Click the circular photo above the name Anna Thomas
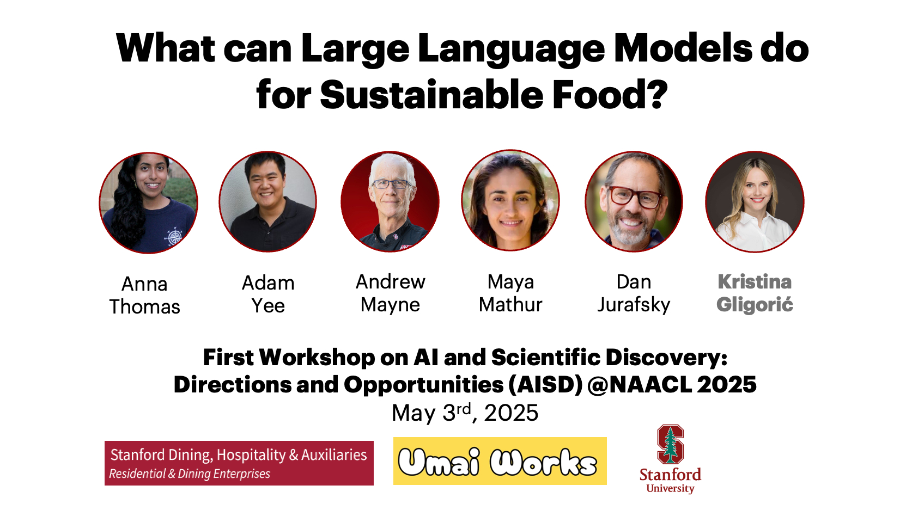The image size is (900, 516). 149,203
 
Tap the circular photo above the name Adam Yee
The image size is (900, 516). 268,201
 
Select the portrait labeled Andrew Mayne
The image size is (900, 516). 390,201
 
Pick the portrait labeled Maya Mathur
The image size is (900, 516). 510,200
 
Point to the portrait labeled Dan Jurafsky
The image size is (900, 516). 634,201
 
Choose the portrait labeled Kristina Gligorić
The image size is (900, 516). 755,201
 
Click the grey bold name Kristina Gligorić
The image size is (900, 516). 755,293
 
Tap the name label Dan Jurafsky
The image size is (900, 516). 634,293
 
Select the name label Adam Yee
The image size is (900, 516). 268,294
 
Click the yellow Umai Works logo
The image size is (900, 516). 500,461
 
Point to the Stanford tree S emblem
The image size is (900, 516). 670,444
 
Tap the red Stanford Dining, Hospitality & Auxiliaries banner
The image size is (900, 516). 239,463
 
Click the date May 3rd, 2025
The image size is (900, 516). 465,413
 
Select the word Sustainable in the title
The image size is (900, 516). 431,95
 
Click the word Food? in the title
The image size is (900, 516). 610,95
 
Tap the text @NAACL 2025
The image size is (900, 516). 672,385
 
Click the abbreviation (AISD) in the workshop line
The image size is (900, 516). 545,385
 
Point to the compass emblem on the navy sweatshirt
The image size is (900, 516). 174,237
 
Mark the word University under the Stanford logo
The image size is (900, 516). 670,489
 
